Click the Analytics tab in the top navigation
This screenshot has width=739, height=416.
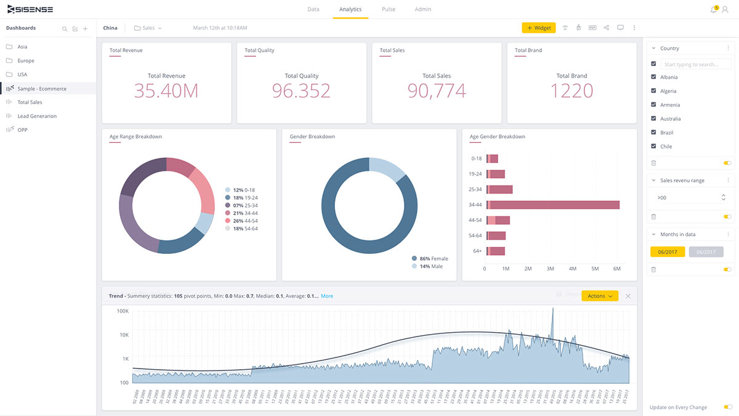pyautogui.click(x=350, y=9)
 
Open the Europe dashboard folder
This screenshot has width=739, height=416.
pyautogui.click(x=26, y=61)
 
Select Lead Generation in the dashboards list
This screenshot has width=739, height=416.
pyautogui.click(x=37, y=116)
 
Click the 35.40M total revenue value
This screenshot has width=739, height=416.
pyautogui.click(x=166, y=91)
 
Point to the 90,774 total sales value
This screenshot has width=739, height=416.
pyautogui.click(x=437, y=91)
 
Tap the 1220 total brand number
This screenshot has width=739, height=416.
pyautogui.click(x=571, y=91)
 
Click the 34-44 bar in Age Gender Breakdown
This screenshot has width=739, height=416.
pyautogui.click(x=553, y=205)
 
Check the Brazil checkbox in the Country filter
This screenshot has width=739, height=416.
pyautogui.click(x=653, y=133)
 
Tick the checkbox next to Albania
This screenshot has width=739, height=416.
pyautogui.click(x=653, y=77)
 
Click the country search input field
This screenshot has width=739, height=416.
pyautogui.click(x=696, y=64)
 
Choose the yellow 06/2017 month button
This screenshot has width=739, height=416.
pyautogui.click(x=668, y=252)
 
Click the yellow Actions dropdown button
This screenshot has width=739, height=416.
pyautogui.click(x=599, y=296)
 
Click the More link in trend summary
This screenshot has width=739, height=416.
pyautogui.click(x=327, y=296)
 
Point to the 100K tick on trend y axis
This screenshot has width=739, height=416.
pyautogui.click(x=122, y=312)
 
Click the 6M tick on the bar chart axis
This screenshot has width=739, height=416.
pyautogui.click(x=617, y=269)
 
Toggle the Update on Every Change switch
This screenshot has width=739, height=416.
pyautogui.click(x=728, y=407)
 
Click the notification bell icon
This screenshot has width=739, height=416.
pyautogui.click(x=713, y=10)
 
